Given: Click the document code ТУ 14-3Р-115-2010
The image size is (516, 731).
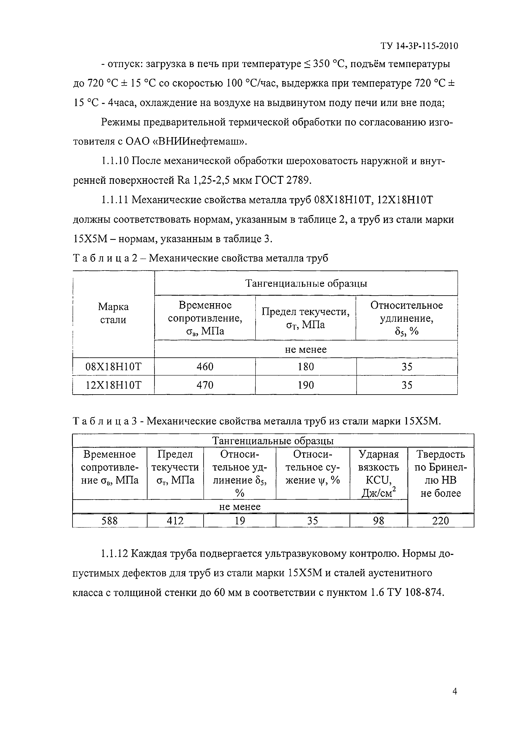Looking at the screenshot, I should (x=419, y=46).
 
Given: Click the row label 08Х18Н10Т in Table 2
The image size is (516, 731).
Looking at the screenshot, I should (x=114, y=367).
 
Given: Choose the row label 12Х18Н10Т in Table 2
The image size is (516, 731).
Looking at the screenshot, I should (x=114, y=385).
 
